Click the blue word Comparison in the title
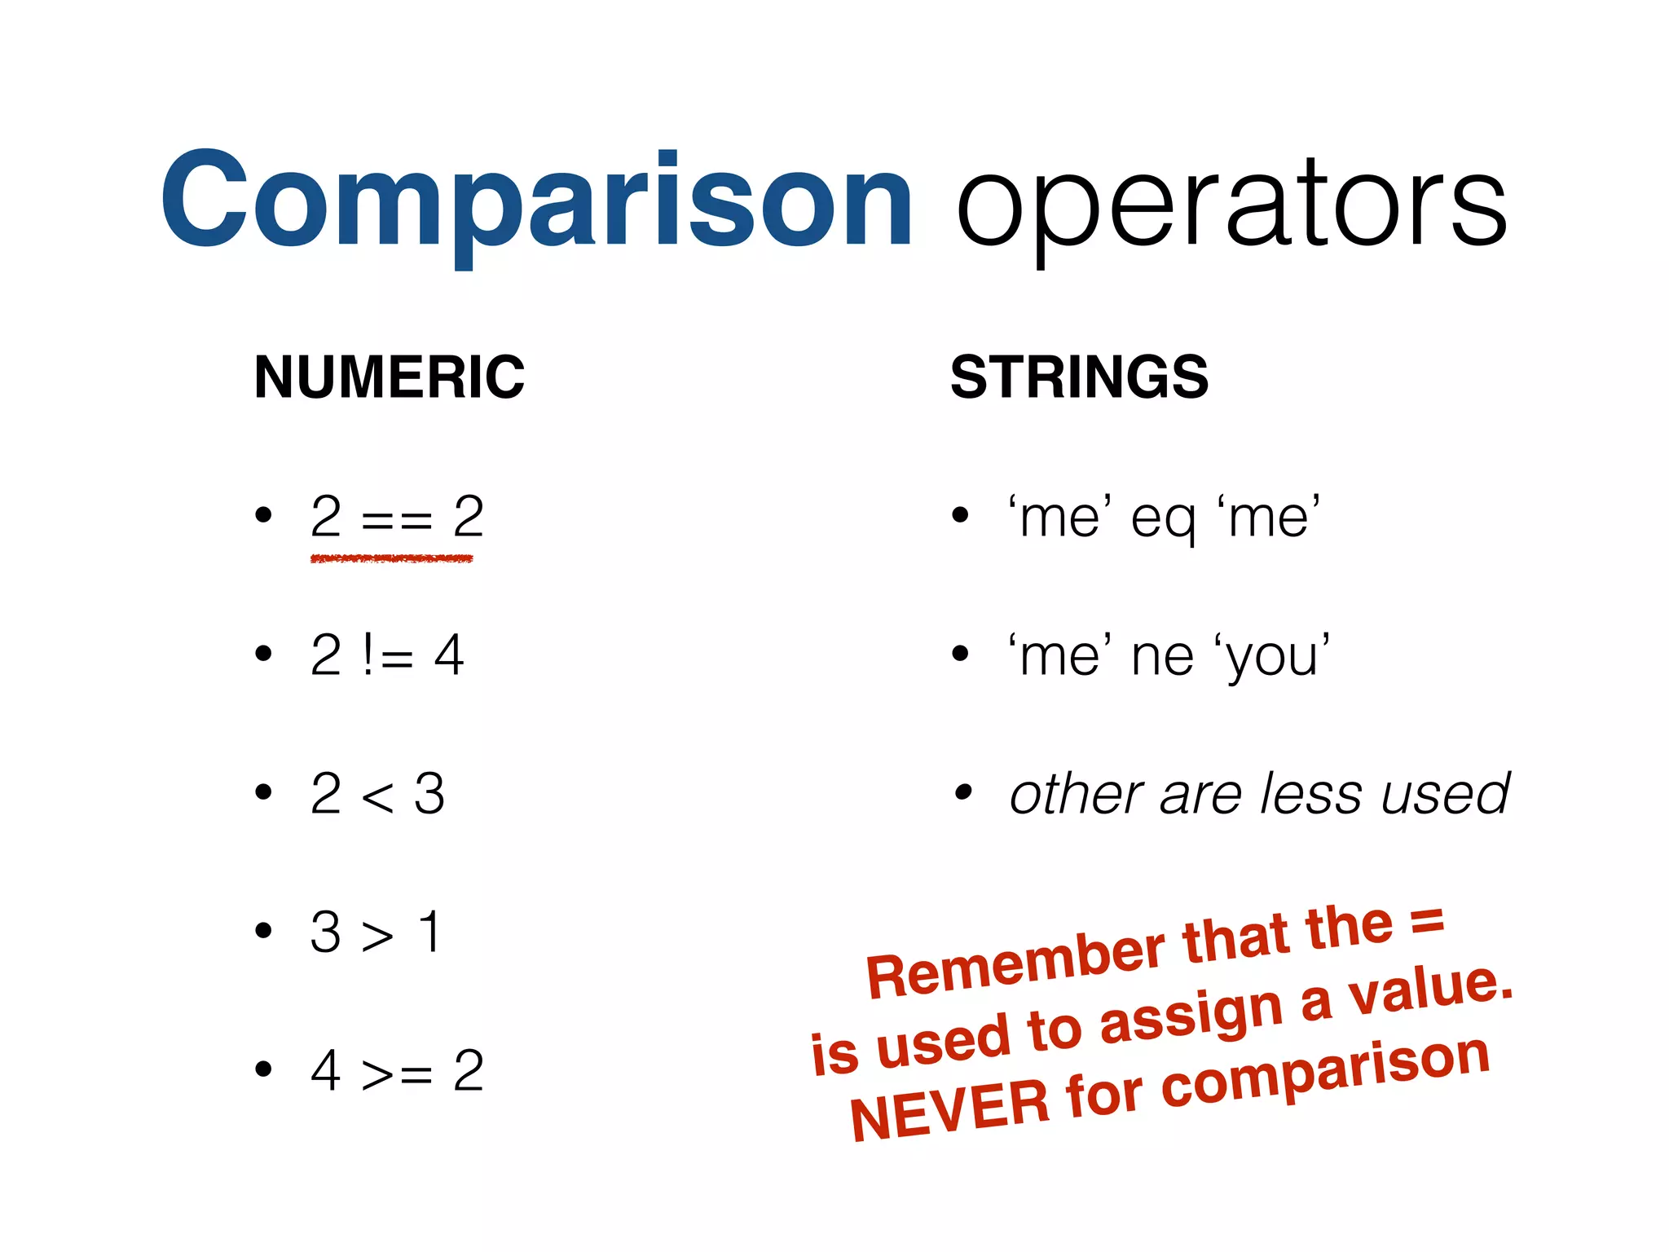pyautogui.click(x=536, y=200)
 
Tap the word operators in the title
pyautogui.click(x=1231, y=204)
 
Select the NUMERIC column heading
pyautogui.click(x=390, y=377)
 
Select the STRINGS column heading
pyautogui.click(x=1079, y=377)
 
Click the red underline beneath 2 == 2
pyautogui.click(x=391, y=558)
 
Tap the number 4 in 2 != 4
pyautogui.click(x=449, y=655)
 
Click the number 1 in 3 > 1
pyautogui.click(x=429, y=932)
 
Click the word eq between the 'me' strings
pyautogui.click(x=1163, y=519)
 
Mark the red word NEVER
pyautogui.click(x=949, y=1109)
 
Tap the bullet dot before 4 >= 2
pyautogui.click(x=262, y=1069)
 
